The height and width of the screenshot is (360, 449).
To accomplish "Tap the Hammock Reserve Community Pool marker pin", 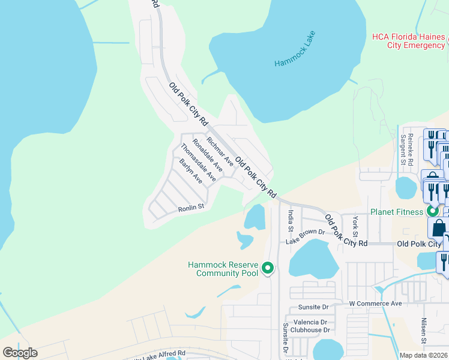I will pyautogui.click(x=268, y=268).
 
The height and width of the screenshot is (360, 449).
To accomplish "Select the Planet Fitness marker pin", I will pyautogui.click(x=432, y=211).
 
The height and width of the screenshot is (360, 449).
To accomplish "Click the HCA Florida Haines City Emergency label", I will pyautogui.click(x=409, y=41).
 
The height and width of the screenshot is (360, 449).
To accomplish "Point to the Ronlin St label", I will pyautogui.click(x=191, y=208).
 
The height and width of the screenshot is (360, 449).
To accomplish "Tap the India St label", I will pyautogui.click(x=291, y=220).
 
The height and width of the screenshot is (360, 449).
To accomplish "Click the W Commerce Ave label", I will pyautogui.click(x=376, y=304).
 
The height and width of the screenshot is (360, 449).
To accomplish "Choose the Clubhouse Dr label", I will pyautogui.click(x=310, y=329).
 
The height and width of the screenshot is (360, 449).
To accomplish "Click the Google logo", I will pyautogui.click(x=20, y=352).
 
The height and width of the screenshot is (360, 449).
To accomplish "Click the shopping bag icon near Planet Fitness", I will pyautogui.click(x=439, y=228).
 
